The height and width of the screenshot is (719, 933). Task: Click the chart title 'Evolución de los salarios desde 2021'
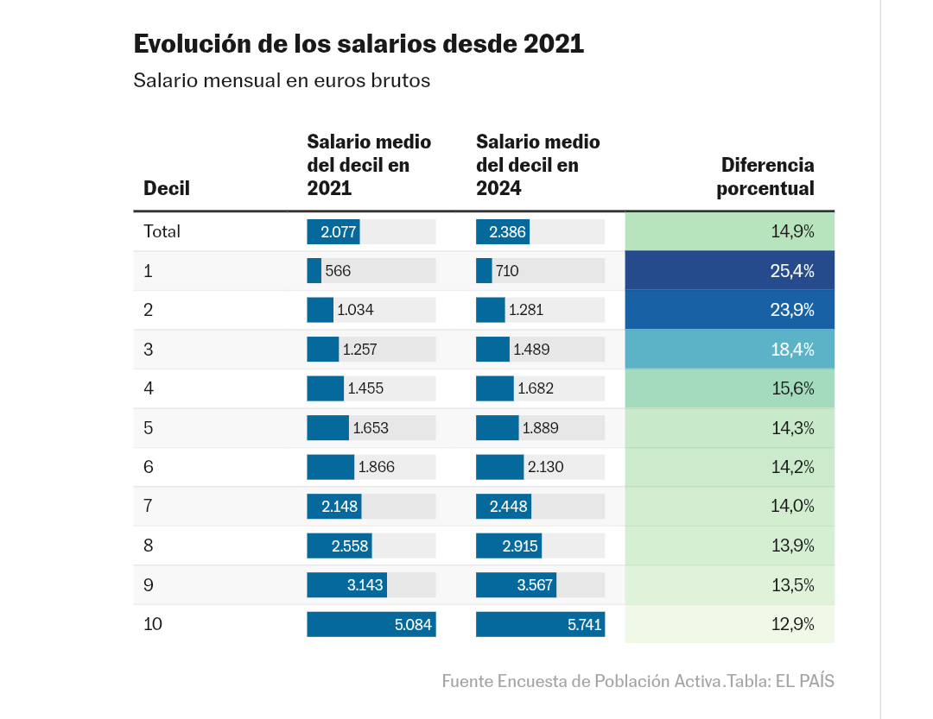coord(359,44)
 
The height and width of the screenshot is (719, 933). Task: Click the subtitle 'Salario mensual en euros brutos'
coord(282,81)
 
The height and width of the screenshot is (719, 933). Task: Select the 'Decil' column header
coord(167,188)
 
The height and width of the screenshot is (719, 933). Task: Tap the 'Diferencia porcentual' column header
coord(765,176)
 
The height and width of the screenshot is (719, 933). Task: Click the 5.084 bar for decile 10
coord(371,624)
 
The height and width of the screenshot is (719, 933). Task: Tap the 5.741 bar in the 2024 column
coord(539,624)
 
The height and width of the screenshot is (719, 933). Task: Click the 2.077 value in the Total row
coord(338,232)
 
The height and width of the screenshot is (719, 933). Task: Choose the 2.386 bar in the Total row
coord(506,232)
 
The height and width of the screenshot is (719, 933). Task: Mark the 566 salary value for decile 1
coord(338,271)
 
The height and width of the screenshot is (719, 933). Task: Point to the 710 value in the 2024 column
coord(507,271)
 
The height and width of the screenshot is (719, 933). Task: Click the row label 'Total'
coord(162,231)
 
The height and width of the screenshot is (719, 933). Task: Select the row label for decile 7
coord(149,506)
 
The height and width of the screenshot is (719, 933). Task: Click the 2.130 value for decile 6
coord(545,467)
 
